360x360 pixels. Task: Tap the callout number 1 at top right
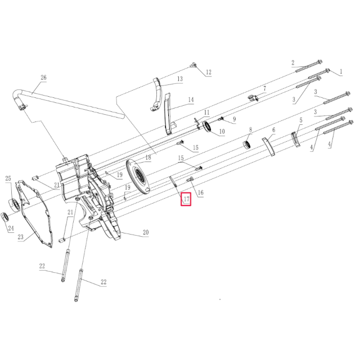(x=340, y=72)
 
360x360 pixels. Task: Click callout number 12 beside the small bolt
(x=208, y=72)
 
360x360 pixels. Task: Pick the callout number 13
(x=180, y=80)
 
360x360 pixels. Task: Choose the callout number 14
(x=191, y=100)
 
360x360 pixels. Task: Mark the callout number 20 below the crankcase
(x=145, y=232)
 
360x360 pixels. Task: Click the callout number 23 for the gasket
(x=20, y=237)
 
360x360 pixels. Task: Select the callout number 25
(x=8, y=179)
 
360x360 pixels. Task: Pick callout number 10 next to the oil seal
(x=221, y=132)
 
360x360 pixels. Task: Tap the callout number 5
(x=300, y=120)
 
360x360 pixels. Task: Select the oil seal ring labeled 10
(x=207, y=127)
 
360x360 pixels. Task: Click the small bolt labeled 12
(x=194, y=65)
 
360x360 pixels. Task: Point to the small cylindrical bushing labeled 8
(x=246, y=146)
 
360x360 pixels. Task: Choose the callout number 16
(x=200, y=193)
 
